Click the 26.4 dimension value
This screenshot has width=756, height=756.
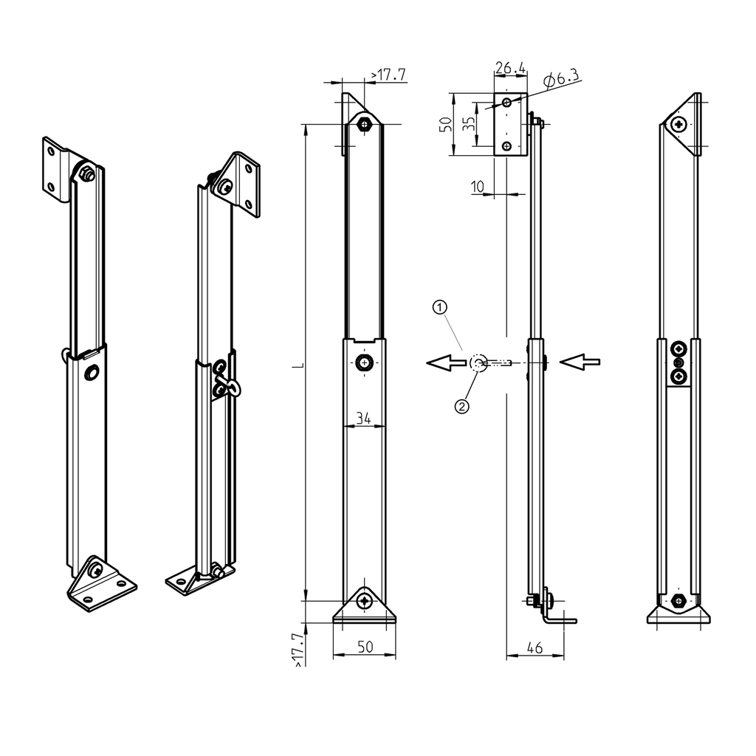(510, 69)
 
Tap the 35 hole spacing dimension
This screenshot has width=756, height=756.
(469, 123)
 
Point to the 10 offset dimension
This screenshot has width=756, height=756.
(478, 187)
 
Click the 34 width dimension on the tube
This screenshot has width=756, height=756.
(364, 419)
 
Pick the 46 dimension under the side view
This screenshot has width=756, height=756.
(535, 648)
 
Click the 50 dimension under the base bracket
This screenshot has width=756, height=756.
(364, 647)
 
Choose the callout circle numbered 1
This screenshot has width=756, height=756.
(439, 305)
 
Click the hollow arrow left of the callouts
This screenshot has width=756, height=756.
(446, 362)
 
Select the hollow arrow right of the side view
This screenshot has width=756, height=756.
(580, 361)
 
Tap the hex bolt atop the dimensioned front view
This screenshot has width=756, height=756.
(364, 123)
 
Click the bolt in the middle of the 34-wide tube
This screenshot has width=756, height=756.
(364, 362)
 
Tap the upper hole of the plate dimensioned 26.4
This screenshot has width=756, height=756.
(506, 102)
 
